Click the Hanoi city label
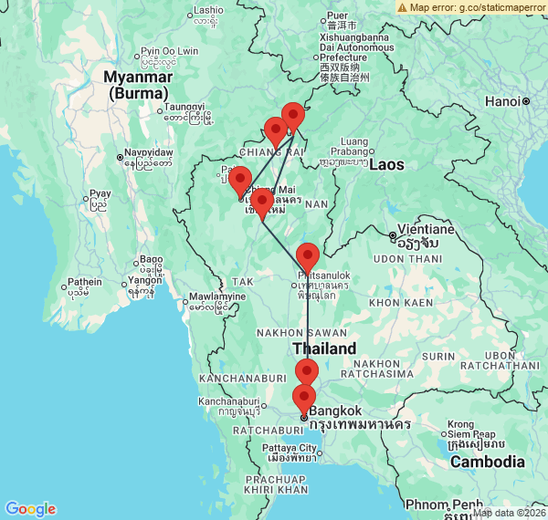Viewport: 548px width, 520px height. tap(505, 101)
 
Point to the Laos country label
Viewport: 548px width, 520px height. tap(386, 164)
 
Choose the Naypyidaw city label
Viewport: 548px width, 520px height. tap(148, 151)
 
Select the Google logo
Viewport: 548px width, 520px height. tap(30, 509)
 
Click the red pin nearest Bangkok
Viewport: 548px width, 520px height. tap(303, 397)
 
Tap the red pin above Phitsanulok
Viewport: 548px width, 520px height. tap(308, 256)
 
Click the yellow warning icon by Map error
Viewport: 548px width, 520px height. tap(403, 6)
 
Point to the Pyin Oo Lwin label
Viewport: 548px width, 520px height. tap(169, 51)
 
